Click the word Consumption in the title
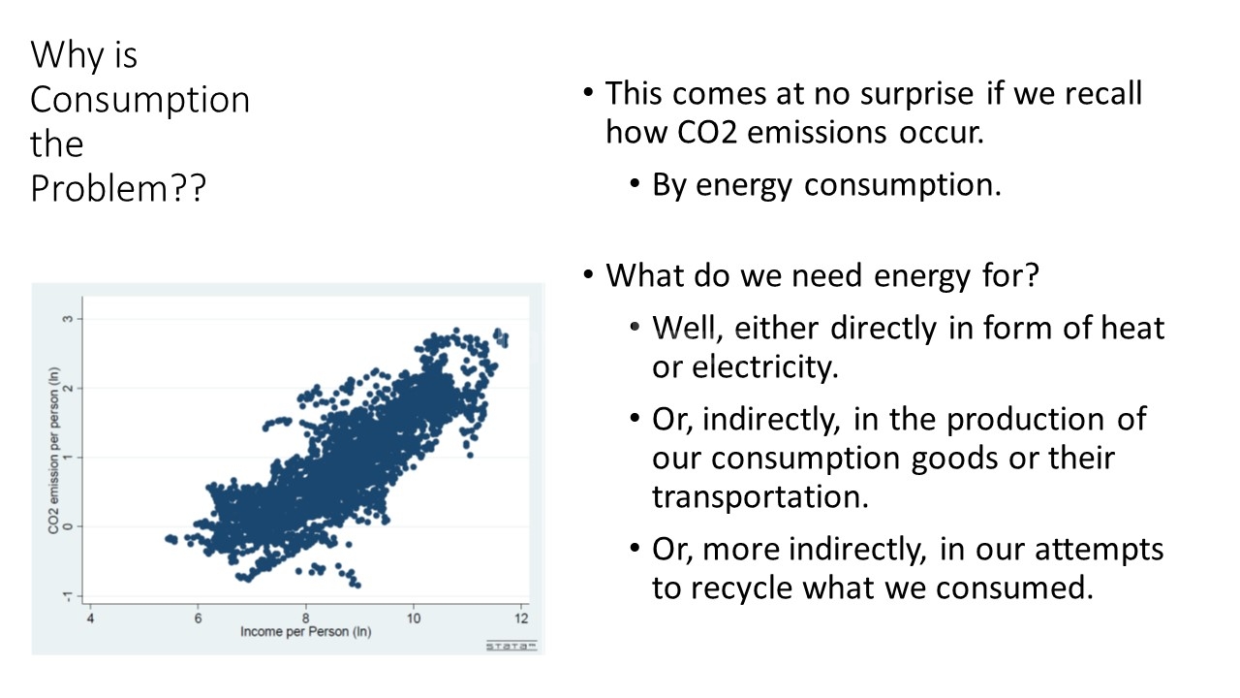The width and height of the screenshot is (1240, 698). (140, 100)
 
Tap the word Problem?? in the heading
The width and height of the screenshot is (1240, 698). (118, 188)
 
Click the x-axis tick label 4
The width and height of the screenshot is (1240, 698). (90, 619)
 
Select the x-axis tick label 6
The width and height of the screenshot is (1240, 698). (198, 619)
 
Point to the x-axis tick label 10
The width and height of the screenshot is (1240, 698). (414, 619)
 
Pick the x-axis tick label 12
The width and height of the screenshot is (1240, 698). (521, 619)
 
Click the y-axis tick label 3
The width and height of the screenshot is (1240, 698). (68, 319)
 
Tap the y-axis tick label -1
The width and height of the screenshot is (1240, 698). (68, 596)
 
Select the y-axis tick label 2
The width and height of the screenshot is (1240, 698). (68, 389)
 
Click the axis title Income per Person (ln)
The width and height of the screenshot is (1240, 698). (305, 632)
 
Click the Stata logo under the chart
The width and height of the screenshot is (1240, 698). (511, 646)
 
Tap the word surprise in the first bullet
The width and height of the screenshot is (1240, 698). (916, 94)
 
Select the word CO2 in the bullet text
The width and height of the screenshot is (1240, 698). (707, 133)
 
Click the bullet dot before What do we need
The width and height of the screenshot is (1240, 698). (588, 274)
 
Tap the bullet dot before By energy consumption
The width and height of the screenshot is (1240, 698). (635, 183)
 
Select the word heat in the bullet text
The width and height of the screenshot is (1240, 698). (1132, 328)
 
